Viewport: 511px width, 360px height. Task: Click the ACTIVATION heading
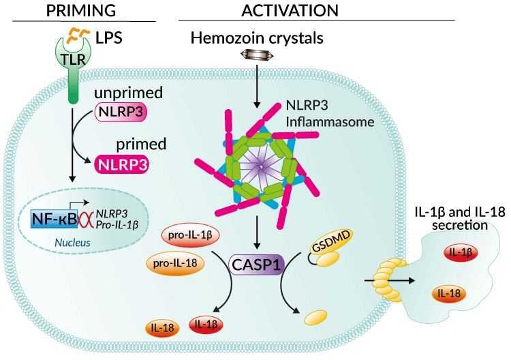[290, 10]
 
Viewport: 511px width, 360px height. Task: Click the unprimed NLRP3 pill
[122, 113]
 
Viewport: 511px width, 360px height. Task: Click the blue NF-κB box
[52, 219]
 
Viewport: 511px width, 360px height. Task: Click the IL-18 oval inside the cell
[162, 328]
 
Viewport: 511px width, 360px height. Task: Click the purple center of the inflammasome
[257, 162]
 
